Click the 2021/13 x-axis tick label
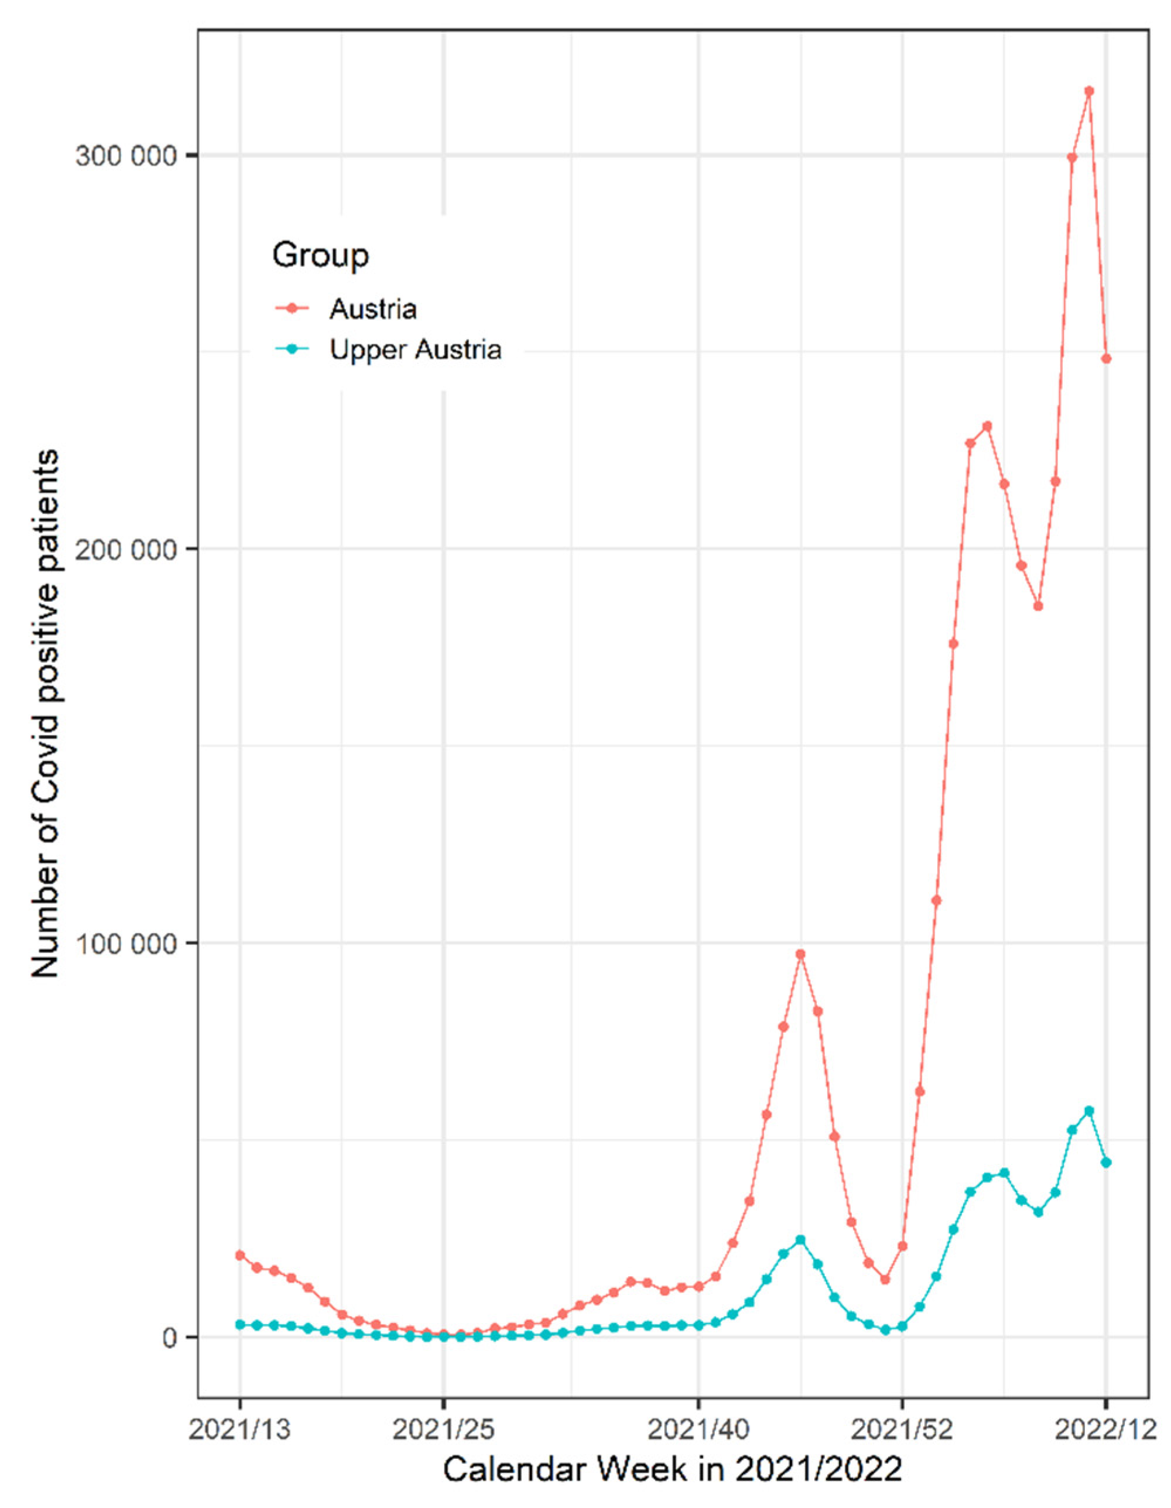tap(240, 1430)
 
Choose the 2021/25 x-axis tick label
tap(443, 1430)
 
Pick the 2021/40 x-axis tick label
tap(698, 1430)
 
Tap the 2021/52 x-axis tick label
tap(902, 1430)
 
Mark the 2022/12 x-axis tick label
tap(1106, 1430)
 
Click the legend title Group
tap(320, 255)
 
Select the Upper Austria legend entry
tap(415, 350)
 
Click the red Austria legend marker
tap(292, 309)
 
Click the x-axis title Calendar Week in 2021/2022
tap(673, 1471)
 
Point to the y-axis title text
tap(46, 714)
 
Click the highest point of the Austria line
tap(1089, 91)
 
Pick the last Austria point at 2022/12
tap(1106, 359)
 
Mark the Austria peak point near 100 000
tap(800, 955)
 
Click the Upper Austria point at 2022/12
tap(1106, 1163)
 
